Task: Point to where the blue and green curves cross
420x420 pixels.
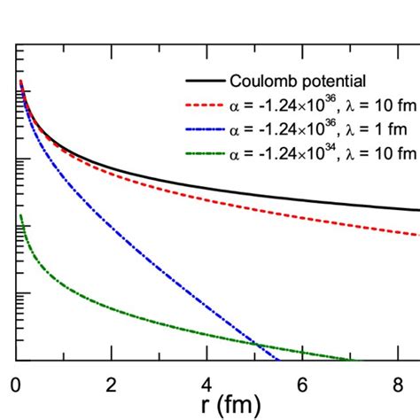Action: point(254,345)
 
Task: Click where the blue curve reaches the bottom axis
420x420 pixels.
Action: point(279,360)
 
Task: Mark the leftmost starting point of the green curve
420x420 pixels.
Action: point(19,215)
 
